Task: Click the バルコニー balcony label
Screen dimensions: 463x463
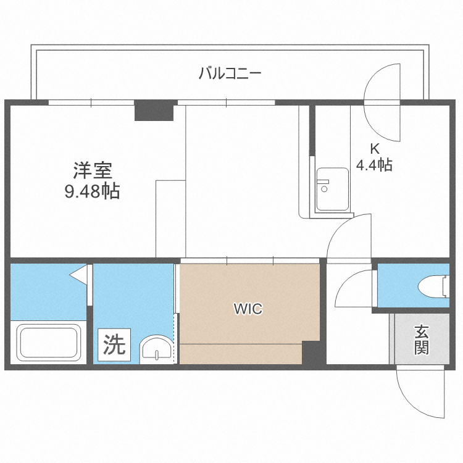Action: click(230, 74)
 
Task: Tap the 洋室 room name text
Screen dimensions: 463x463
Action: click(92, 169)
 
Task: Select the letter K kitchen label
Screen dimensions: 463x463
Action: click(374, 148)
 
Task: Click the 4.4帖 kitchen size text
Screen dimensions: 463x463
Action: click(374, 165)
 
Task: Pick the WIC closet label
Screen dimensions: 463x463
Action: click(248, 309)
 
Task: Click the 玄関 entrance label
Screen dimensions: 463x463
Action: click(422, 340)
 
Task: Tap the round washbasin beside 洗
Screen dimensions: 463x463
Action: click(157, 349)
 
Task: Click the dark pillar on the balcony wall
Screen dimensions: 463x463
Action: click(154, 110)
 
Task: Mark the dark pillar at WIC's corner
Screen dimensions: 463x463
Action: click(313, 352)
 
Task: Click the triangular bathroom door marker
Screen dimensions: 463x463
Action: click(78, 273)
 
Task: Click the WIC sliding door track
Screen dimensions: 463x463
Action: click(250, 261)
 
